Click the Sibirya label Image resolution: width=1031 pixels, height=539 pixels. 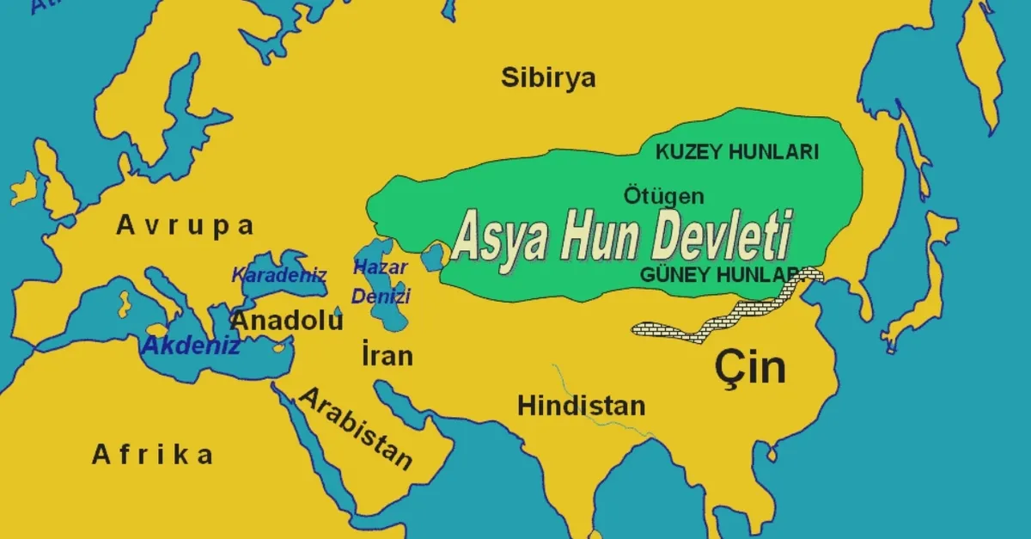pyautogui.click(x=548, y=78)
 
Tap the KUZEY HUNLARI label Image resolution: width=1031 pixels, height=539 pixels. pyautogui.click(x=737, y=152)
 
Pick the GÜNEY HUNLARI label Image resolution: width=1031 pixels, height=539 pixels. pyautogui.click(x=722, y=275)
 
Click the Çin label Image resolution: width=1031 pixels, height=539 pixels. pyautogui.click(x=749, y=367)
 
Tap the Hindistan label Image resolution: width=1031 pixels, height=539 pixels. pyautogui.click(x=581, y=406)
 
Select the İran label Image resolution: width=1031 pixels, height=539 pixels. pyautogui.click(x=387, y=355)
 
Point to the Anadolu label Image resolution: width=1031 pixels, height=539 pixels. pyautogui.click(x=287, y=322)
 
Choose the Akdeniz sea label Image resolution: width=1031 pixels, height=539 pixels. pyautogui.click(x=191, y=346)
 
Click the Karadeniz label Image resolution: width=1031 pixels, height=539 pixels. pyautogui.click(x=279, y=276)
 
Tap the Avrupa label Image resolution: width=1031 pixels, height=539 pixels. pyautogui.click(x=186, y=226)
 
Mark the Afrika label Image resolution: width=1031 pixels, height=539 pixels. pyautogui.click(x=153, y=455)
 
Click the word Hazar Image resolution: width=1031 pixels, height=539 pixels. pyautogui.click(x=380, y=266)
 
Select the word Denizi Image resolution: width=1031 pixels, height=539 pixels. pyautogui.click(x=380, y=297)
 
